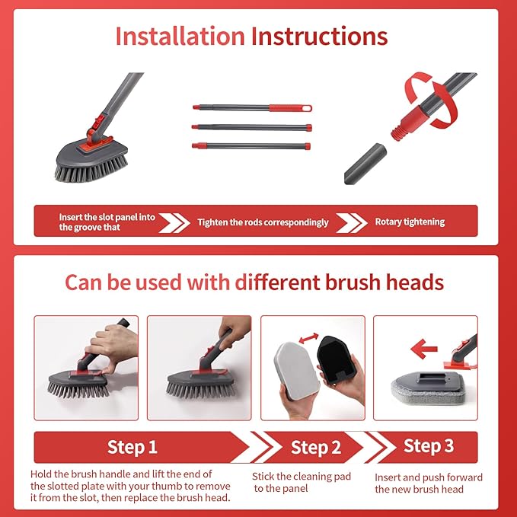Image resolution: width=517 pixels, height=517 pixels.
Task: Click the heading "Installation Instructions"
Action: [251, 37]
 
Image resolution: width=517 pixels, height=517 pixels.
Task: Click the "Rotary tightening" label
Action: [410, 222]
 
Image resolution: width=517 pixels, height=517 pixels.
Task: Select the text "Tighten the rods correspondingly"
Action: [263, 222]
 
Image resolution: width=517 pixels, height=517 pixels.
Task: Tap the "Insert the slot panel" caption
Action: [107, 222]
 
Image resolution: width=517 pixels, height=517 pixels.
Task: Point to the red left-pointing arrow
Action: [426, 349]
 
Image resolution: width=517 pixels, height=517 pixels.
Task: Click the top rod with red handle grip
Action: [252, 108]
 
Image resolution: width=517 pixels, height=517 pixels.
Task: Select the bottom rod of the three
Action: [252, 145]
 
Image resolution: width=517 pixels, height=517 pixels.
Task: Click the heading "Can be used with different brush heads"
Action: [254, 282]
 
